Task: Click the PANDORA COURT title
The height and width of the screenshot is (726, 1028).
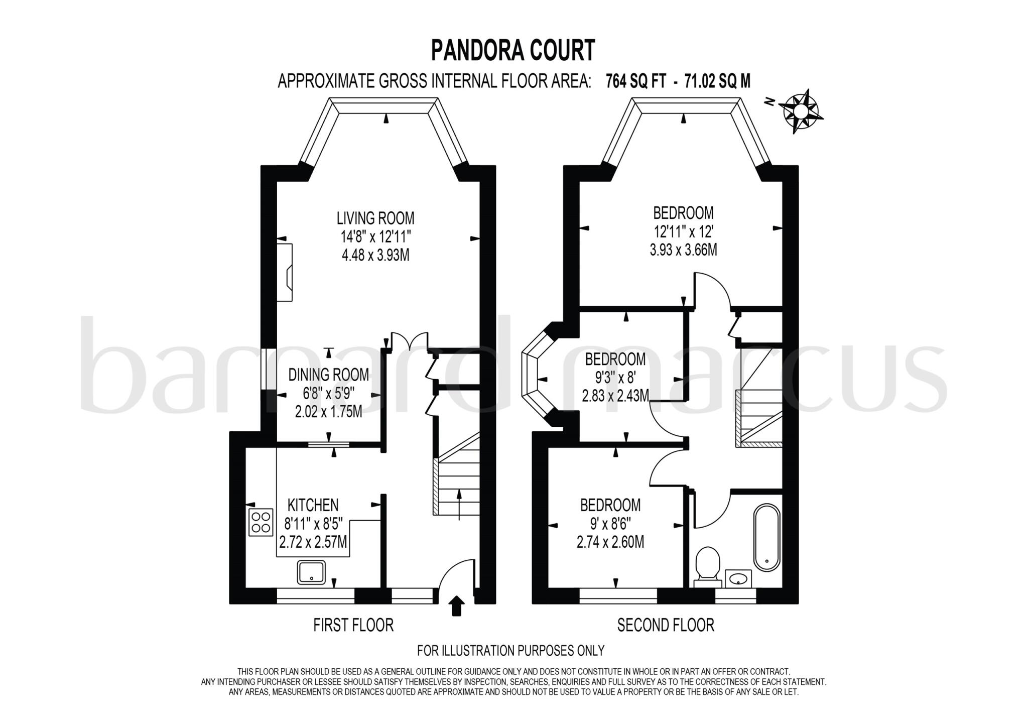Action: (513, 51)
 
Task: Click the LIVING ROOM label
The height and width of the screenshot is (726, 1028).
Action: (375, 218)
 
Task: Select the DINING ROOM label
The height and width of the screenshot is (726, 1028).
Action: (328, 375)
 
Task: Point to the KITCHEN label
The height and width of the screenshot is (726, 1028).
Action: (313, 505)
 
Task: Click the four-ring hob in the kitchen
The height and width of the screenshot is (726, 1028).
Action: (261, 521)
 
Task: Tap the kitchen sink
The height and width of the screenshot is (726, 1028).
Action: (311, 572)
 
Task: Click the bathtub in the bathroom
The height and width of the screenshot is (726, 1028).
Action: (766, 537)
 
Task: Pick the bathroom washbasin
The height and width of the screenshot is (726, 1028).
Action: (738, 578)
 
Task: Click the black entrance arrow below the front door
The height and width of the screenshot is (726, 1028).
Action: (456, 605)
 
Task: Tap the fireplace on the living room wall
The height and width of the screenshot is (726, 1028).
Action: (285, 272)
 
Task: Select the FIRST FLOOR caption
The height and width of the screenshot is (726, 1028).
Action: (353, 625)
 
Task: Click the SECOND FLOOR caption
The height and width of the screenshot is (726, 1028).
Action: (665, 625)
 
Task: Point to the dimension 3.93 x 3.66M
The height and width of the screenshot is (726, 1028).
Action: (683, 250)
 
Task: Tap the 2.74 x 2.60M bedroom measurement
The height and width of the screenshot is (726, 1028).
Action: (610, 542)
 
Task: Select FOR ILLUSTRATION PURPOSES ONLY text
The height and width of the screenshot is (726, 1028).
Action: (510, 651)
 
